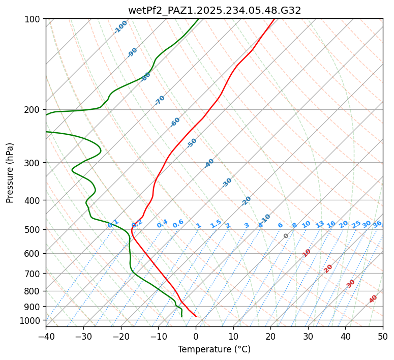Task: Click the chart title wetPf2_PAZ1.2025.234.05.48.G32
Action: point(214,10)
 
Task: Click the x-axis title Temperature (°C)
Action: point(214,349)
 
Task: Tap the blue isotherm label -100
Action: point(121,26)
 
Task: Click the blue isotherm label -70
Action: point(160,100)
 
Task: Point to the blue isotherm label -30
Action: point(227,183)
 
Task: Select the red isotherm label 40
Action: point(373,299)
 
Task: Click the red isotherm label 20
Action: point(328,268)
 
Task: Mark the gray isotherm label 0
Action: point(286,236)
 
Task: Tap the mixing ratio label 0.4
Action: point(162,224)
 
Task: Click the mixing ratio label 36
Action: point(377,224)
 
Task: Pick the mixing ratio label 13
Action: point(320,224)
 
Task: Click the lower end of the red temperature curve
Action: point(196,316)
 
